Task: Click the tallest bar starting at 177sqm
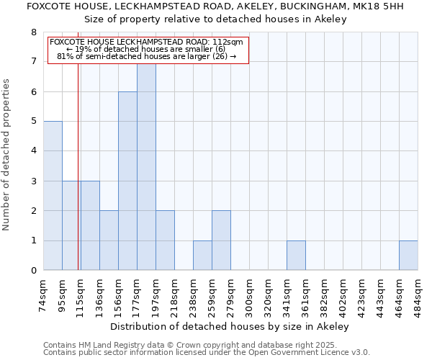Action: click(x=146, y=167)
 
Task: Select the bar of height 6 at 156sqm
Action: click(x=127, y=181)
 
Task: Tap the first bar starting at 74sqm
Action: click(x=53, y=196)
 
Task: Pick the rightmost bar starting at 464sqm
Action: click(x=408, y=256)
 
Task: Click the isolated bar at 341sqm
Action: click(x=296, y=256)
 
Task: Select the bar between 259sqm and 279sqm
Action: click(x=221, y=240)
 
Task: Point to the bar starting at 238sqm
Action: click(x=202, y=256)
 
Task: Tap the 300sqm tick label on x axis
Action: click(x=249, y=294)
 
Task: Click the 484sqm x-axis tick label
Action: click(x=418, y=294)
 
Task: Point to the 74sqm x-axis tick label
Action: click(x=43, y=294)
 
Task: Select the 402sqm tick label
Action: click(x=343, y=294)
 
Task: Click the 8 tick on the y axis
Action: click(x=34, y=32)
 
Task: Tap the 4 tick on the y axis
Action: click(x=34, y=151)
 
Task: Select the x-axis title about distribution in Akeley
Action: click(x=230, y=326)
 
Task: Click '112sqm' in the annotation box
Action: click(x=229, y=42)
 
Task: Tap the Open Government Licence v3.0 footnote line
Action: click(x=206, y=353)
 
